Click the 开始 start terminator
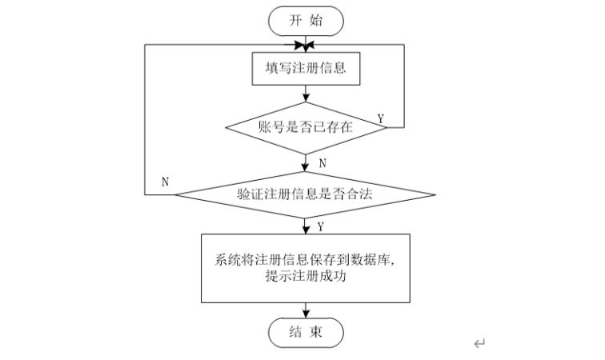click(305, 21)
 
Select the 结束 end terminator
click(305, 333)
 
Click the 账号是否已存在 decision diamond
click(305, 126)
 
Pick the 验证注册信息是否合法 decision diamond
click(305, 194)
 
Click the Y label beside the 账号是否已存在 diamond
click(381, 119)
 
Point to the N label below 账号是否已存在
click(323, 163)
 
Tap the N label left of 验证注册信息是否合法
click(166, 182)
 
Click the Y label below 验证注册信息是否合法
click(320, 226)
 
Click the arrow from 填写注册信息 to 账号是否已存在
click(305, 94)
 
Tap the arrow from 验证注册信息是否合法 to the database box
click(305, 225)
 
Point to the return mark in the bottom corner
click(479, 344)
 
